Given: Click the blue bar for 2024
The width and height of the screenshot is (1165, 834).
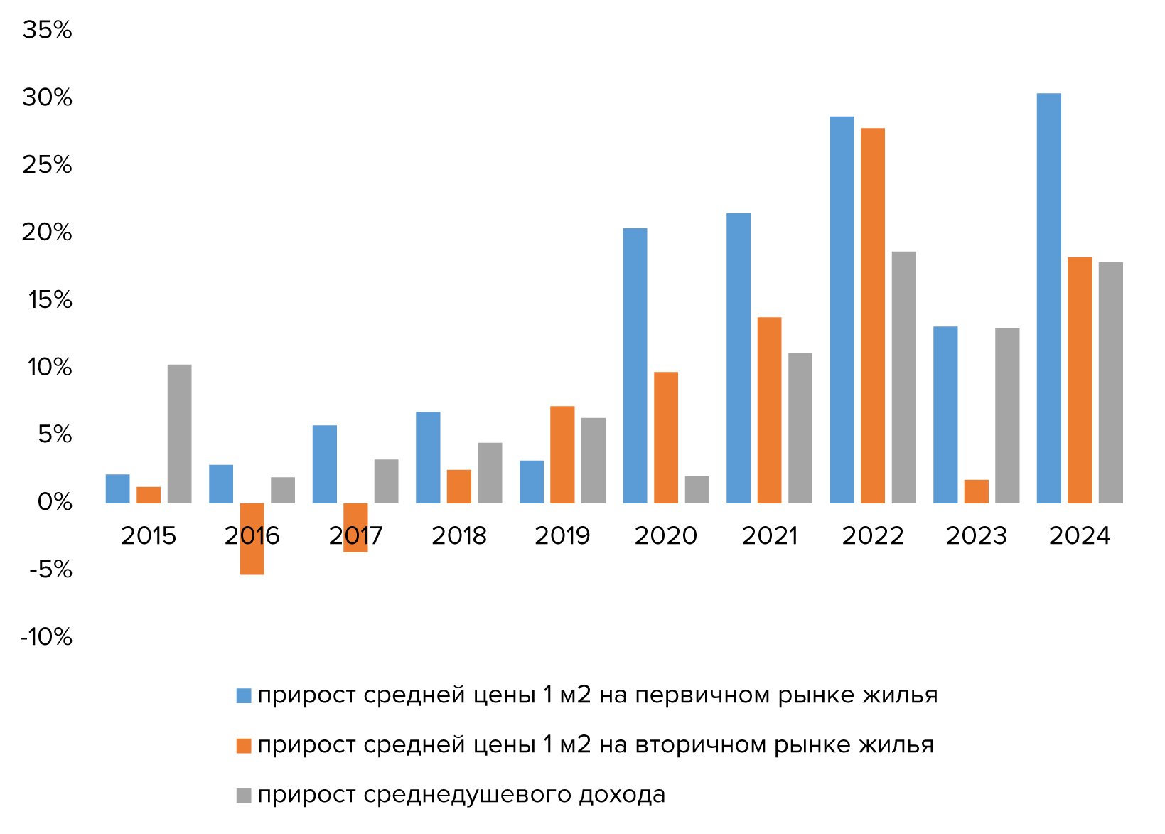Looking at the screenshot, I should [x=1048, y=299].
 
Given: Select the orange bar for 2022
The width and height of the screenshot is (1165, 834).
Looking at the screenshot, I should [x=872, y=316].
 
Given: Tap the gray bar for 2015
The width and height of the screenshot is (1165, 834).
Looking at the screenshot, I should [x=179, y=434].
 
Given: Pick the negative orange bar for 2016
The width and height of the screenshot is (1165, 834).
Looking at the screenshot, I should [x=252, y=539].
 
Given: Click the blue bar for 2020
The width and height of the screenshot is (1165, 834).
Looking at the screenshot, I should [x=635, y=365].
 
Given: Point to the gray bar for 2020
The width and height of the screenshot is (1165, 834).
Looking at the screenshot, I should [x=697, y=490].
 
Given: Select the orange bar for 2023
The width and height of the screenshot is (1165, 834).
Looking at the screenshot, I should [x=976, y=491].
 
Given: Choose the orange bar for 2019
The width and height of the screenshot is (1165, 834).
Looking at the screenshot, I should [x=562, y=454].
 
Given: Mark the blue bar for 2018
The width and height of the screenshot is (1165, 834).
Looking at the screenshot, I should [x=428, y=457].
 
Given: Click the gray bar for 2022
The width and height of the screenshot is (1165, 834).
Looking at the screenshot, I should [x=903, y=378].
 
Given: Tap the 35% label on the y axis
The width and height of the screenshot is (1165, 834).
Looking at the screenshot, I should [x=47, y=30].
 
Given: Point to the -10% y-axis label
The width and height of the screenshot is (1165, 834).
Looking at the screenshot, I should [x=46, y=637].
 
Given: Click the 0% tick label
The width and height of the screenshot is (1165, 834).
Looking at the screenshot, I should [x=55, y=502].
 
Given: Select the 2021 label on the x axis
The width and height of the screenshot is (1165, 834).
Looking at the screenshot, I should [x=769, y=536].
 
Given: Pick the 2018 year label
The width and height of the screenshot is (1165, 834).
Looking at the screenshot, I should [x=458, y=536].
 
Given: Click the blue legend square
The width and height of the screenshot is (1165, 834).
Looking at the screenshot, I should [x=244, y=695].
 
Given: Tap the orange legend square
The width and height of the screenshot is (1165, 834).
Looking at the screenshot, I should [x=244, y=745].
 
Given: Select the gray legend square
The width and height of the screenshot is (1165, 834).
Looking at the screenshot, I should [x=244, y=795].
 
